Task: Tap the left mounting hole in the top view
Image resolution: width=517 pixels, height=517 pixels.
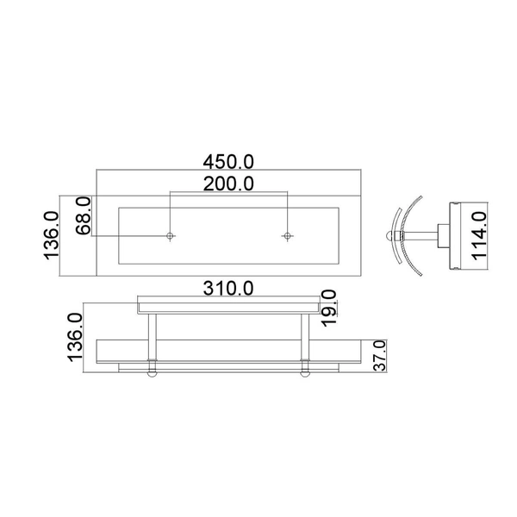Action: pyautogui.click(x=171, y=235)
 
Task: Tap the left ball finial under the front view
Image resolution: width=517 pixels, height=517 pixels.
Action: pyautogui.click(x=152, y=372)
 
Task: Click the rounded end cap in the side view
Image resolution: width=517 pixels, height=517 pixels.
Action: pyautogui.click(x=389, y=233)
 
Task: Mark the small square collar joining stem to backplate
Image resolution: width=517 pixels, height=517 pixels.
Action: pyautogui.click(x=443, y=233)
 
